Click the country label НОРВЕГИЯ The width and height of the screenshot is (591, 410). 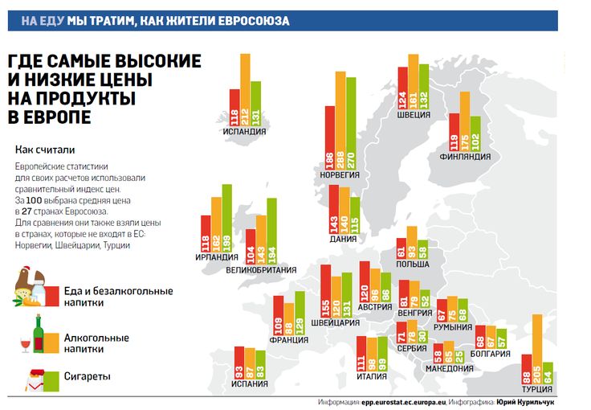point(339,174)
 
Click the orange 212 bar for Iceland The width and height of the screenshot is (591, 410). point(245,88)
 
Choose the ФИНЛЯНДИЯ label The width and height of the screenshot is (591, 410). point(465,156)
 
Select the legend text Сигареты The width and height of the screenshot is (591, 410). point(87,376)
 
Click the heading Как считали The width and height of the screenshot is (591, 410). point(45,150)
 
